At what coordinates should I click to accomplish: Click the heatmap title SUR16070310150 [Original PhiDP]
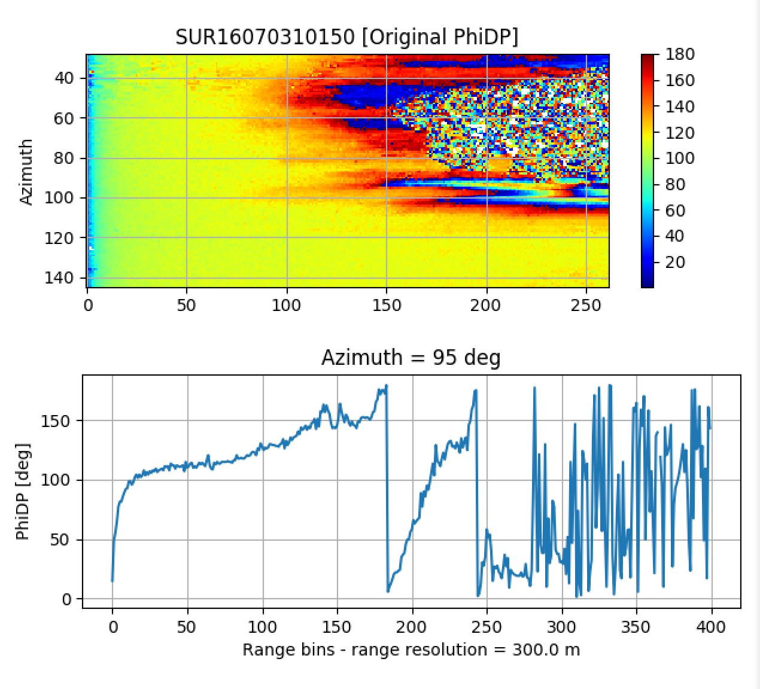click(346, 37)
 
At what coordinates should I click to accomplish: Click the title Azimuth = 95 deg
click(411, 358)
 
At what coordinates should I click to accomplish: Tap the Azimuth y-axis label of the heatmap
click(26, 172)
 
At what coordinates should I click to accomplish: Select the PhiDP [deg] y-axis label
click(23, 492)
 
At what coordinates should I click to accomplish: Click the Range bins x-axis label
click(411, 650)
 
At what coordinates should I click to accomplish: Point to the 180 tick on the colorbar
click(680, 54)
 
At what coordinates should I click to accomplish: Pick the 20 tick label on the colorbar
click(675, 262)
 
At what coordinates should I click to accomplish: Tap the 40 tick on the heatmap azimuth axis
click(64, 78)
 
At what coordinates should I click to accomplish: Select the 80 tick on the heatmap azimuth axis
click(64, 158)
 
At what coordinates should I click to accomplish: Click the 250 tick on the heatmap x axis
click(586, 306)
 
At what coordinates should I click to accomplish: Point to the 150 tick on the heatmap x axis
click(387, 306)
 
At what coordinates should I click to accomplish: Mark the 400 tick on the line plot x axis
click(712, 627)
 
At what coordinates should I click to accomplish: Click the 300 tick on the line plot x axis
click(562, 627)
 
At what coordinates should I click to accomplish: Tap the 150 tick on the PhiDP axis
click(56, 421)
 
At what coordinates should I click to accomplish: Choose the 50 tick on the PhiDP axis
click(59, 540)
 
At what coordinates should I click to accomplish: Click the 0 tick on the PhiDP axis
click(66, 599)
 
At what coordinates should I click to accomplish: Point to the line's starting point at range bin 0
click(113, 580)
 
